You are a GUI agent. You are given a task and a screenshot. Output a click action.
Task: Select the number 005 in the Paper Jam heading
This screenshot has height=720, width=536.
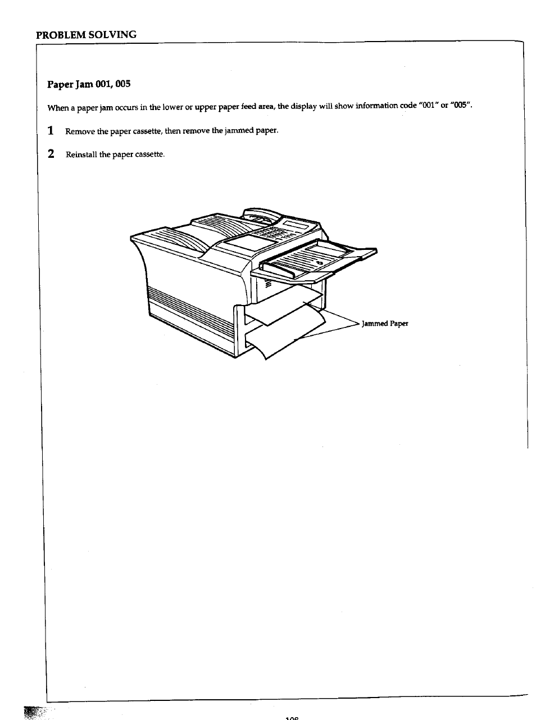pos(121,84)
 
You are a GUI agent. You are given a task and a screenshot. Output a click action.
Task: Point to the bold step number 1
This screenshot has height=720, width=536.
pos(51,131)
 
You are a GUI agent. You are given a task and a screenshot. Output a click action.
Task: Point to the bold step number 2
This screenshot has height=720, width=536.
pos(51,154)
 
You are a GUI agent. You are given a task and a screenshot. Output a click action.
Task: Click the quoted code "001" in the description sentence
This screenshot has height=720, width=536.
pos(429,106)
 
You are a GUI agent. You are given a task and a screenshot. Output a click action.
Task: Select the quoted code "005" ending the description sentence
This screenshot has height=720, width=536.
pos(461,106)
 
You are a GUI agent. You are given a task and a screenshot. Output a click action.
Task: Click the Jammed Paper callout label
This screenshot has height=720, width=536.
pos(385,323)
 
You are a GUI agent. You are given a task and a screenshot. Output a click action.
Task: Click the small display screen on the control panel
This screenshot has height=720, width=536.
pos(296,226)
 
